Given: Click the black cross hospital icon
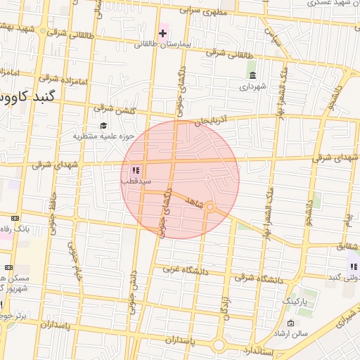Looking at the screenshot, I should pos(162,33).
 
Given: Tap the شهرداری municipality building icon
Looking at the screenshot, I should pos(252,76).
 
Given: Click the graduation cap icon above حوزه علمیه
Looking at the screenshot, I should pos(94,125).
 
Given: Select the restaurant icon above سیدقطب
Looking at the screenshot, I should pos(135,170).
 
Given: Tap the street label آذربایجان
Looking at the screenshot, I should pos(213,121).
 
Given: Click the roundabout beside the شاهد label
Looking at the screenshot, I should pos(209,207).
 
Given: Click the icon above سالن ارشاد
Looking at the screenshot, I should pos(290,323).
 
